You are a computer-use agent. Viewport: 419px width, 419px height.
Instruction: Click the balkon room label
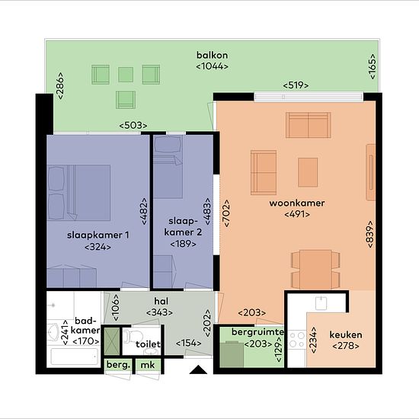tap(213, 56)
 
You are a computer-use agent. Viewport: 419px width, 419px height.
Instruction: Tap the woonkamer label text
tap(297, 203)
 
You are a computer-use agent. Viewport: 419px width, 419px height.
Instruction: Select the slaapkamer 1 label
tap(98, 235)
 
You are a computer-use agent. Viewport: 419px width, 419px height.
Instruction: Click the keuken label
tap(346, 334)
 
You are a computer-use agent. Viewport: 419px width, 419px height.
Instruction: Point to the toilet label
tap(148, 344)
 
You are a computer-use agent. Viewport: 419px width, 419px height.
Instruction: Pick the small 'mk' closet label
tap(148, 365)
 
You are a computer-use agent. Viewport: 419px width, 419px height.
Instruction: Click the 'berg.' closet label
tap(118, 365)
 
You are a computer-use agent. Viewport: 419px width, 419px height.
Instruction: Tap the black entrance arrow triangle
tap(198, 369)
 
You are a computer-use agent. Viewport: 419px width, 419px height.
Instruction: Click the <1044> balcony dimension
tap(213, 66)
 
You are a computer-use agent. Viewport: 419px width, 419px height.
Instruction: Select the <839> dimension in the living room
tap(370, 234)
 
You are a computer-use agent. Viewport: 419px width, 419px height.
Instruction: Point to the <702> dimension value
tap(226, 213)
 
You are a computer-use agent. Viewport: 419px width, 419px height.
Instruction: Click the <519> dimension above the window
tap(296, 85)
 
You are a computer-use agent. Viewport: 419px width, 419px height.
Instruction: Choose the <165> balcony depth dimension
tap(372, 66)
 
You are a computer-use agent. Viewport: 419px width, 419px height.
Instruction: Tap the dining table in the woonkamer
tap(315, 270)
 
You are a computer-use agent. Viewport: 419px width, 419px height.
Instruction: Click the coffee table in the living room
tap(308, 172)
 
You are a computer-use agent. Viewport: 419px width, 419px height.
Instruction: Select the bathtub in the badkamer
tap(75, 357)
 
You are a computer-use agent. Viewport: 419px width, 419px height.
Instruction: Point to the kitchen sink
tap(321, 303)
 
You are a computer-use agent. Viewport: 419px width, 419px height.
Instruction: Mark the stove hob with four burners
tap(297, 339)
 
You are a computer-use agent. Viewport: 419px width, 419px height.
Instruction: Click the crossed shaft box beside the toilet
tap(112, 341)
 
